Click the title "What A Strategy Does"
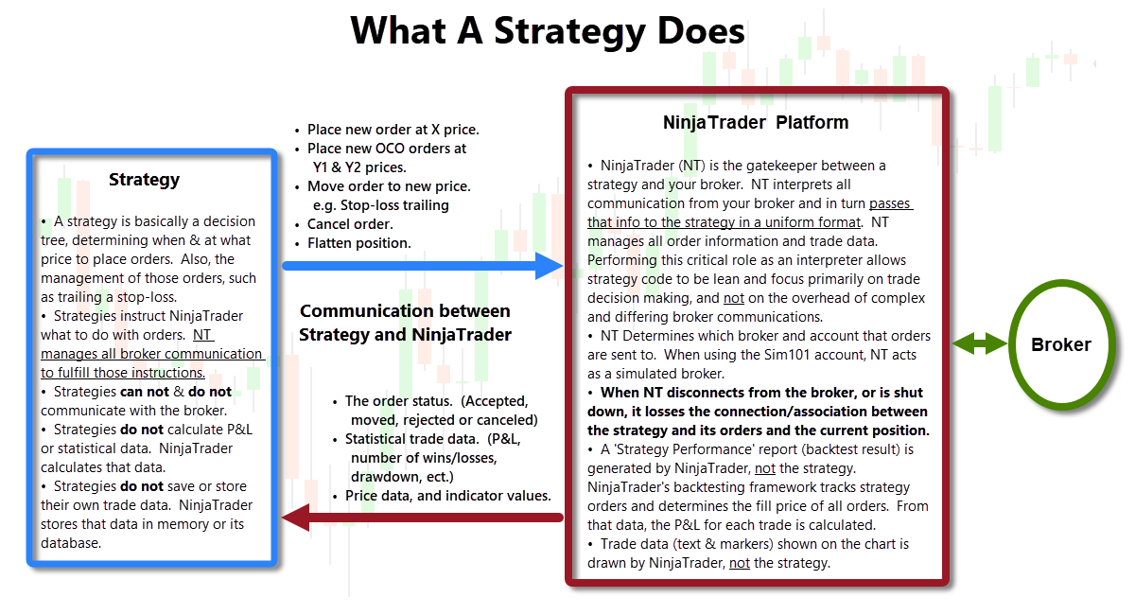(548, 31)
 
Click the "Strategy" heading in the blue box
(144, 180)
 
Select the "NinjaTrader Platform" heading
(756, 122)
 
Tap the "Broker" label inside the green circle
(1061, 344)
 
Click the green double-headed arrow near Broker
(980, 343)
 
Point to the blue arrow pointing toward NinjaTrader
(423, 266)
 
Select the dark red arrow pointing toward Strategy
(423, 518)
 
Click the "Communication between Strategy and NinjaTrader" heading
(405, 323)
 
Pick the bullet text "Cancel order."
(350, 224)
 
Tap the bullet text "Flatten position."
(358, 243)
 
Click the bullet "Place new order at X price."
(393, 130)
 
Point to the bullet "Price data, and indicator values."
(448, 496)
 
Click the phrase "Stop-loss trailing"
(394, 205)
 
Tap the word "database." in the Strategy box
(71, 543)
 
